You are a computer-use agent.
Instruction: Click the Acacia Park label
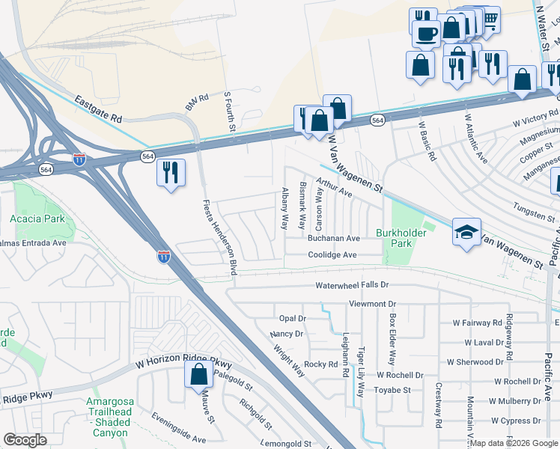coord(37,219)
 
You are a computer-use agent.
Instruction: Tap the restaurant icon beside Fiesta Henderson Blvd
coord(171,172)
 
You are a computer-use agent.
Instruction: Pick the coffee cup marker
coord(426,33)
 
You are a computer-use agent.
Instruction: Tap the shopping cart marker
coord(491,19)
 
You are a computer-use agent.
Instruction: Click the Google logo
coord(25,440)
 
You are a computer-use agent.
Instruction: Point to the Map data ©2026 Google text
coord(514,444)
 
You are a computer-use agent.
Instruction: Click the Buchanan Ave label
coord(334,238)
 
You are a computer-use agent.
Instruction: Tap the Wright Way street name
coord(288,360)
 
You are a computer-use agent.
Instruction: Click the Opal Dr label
coord(292,318)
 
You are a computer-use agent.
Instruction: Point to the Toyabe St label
coord(393,390)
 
